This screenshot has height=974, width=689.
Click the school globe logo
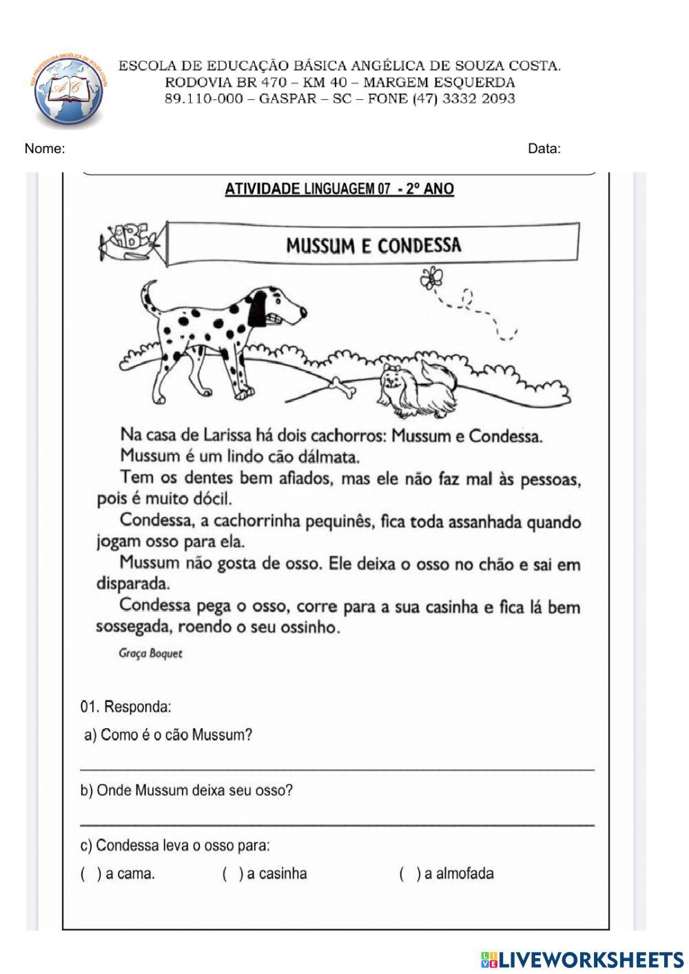coord(69,91)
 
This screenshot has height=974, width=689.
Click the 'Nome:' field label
coord(45,148)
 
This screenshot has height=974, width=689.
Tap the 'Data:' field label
coord(544,148)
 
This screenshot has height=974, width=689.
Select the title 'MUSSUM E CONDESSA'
coord(373,245)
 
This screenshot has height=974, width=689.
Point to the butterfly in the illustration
coord(432,277)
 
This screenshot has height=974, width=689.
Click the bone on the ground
coord(342,387)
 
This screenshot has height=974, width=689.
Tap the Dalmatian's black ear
coord(258,308)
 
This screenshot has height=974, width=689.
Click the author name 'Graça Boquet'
coord(150,653)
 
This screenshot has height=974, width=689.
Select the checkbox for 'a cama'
coord(90,874)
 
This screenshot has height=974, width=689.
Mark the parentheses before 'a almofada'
coord(409,874)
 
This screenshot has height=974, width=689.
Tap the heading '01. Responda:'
coord(126,707)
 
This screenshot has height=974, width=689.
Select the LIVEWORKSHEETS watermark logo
coord(582,960)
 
